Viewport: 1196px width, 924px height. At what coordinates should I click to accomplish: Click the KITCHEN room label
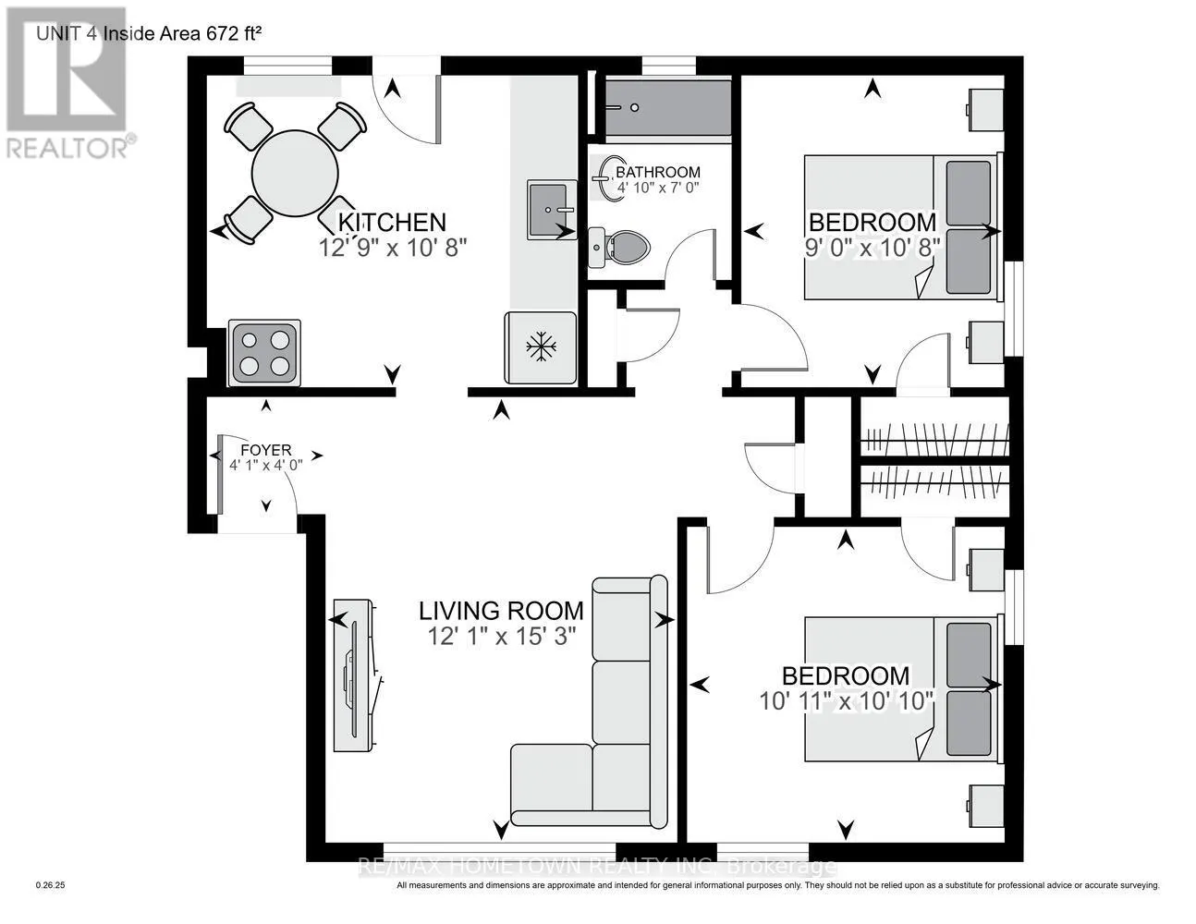391,222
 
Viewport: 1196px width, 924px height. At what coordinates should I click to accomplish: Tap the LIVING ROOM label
501,611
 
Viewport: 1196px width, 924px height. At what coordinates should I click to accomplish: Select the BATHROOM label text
658,172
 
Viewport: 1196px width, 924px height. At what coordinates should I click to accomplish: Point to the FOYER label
266,450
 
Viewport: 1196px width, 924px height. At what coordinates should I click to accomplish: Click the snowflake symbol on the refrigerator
541,346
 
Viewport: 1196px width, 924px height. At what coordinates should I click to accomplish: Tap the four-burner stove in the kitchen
264,353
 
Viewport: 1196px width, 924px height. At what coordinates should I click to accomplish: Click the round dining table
295,174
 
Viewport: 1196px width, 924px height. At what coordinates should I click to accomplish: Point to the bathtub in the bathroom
668,108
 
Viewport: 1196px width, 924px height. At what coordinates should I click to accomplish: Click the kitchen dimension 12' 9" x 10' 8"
393,248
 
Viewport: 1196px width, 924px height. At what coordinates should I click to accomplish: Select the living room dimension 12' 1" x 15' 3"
501,637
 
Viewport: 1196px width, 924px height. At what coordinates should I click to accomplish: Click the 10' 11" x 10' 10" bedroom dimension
846,701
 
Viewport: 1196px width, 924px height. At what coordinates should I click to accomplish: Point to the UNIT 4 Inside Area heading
149,33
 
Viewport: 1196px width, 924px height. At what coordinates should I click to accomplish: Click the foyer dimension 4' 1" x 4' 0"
266,465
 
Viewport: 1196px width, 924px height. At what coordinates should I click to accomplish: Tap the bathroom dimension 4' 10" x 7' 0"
658,187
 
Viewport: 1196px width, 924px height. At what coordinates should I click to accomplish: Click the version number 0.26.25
51,885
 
